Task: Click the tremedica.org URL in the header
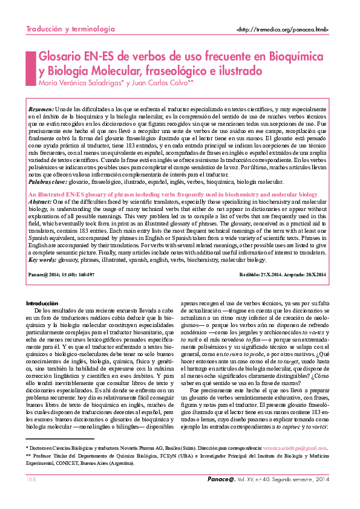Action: point(283,30)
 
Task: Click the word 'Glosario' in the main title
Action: point(59,57)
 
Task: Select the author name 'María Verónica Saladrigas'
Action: point(80,83)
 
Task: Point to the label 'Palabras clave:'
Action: point(48,181)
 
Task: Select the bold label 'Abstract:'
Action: point(41,201)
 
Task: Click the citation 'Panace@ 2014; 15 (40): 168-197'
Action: point(61,275)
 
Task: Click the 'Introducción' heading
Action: point(42,303)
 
